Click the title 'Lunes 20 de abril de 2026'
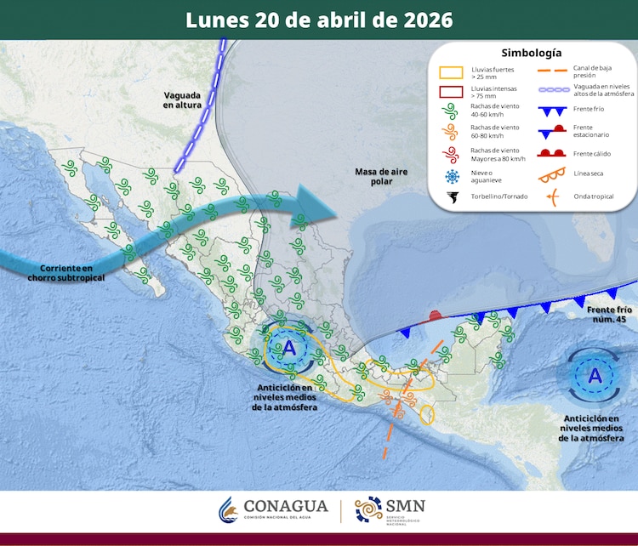pos(319,20)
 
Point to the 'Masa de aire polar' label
pos(381,177)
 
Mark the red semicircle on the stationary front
pos(436,316)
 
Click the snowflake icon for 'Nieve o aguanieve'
pos(451,176)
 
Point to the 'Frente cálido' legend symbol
pos(554,154)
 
